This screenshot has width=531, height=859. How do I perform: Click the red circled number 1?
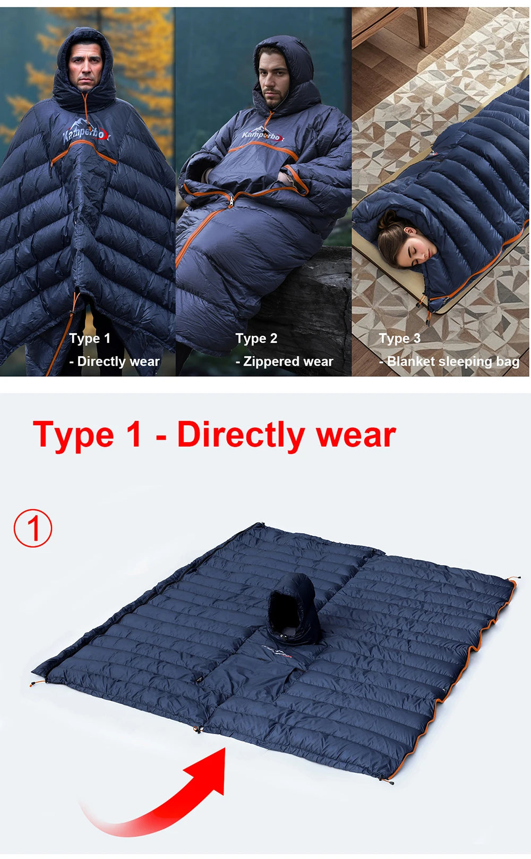click(x=33, y=528)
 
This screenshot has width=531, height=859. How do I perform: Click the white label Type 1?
click(x=90, y=339)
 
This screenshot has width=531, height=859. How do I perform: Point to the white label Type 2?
click(x=256, y=339)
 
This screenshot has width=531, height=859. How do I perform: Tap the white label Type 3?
click(x=399, y=339)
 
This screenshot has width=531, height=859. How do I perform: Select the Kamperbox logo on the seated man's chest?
click(x=262, y=136)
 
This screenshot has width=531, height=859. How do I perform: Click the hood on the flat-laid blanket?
click(x=293, y=609)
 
